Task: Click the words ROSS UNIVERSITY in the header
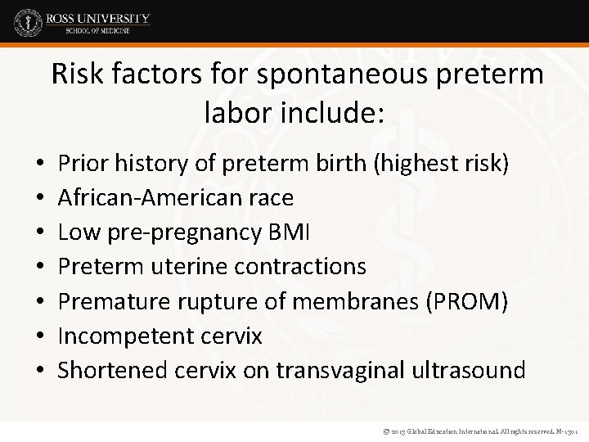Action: click(97, 17)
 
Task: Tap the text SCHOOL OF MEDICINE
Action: click(97, 32)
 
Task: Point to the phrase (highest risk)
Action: click(441, 165)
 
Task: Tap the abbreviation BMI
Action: click(290, 232)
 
